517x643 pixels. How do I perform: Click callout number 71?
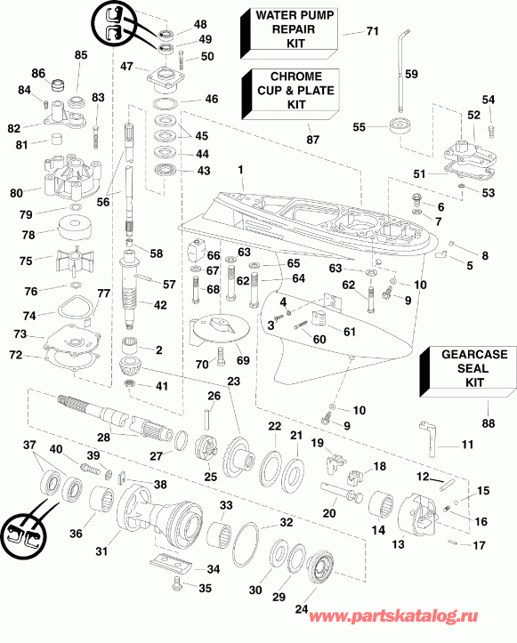click(x=372, y=32)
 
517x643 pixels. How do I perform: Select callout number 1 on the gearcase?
click(x=239, y=169)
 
